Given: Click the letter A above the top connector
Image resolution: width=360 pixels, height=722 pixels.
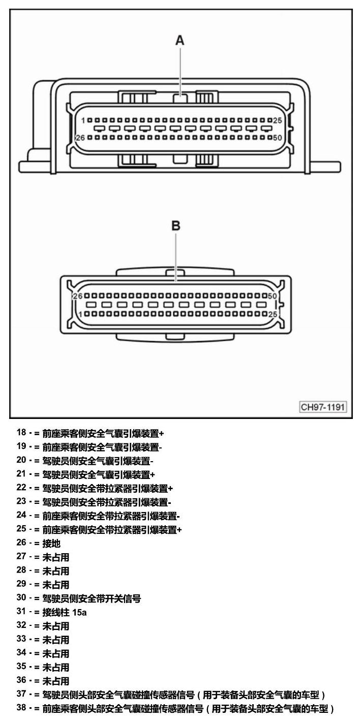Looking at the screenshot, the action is [180, 40].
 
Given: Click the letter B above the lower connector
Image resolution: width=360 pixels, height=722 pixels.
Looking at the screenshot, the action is [175, 225].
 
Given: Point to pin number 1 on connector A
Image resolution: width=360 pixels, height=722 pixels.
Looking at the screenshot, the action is [83, 121].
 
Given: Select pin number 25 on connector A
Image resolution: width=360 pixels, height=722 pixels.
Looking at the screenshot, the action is [278, 121].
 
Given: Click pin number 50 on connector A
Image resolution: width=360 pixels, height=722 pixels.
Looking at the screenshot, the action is [278, 138].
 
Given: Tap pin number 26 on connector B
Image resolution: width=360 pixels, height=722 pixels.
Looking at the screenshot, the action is [78, 296].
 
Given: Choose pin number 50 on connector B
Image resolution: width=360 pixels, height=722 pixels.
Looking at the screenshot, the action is [273, 296].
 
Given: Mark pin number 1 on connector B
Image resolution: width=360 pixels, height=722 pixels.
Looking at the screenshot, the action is [80, 314].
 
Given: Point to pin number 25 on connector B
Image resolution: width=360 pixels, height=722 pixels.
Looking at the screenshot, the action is [273, 314].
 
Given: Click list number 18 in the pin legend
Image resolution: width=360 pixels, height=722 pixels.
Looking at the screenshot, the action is [21, 432].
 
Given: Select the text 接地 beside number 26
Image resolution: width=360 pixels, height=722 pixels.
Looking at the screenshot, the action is [51, 543].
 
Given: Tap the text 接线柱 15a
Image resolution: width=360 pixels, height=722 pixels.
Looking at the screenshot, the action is [65, 612].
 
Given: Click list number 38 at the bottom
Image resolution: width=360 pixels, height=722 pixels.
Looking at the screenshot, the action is [21, 708].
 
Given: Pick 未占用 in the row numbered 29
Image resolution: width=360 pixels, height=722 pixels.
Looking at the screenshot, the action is [56, 584].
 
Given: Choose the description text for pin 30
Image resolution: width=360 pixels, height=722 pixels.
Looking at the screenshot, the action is [92, 598].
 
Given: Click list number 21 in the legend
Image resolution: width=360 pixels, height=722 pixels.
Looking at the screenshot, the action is [21, 473].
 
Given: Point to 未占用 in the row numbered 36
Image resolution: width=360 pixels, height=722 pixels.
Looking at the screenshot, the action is [56, 681].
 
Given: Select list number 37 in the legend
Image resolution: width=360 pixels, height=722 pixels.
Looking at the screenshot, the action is [21, 694].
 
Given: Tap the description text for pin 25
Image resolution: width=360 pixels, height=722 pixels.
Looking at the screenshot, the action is [112, 530].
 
